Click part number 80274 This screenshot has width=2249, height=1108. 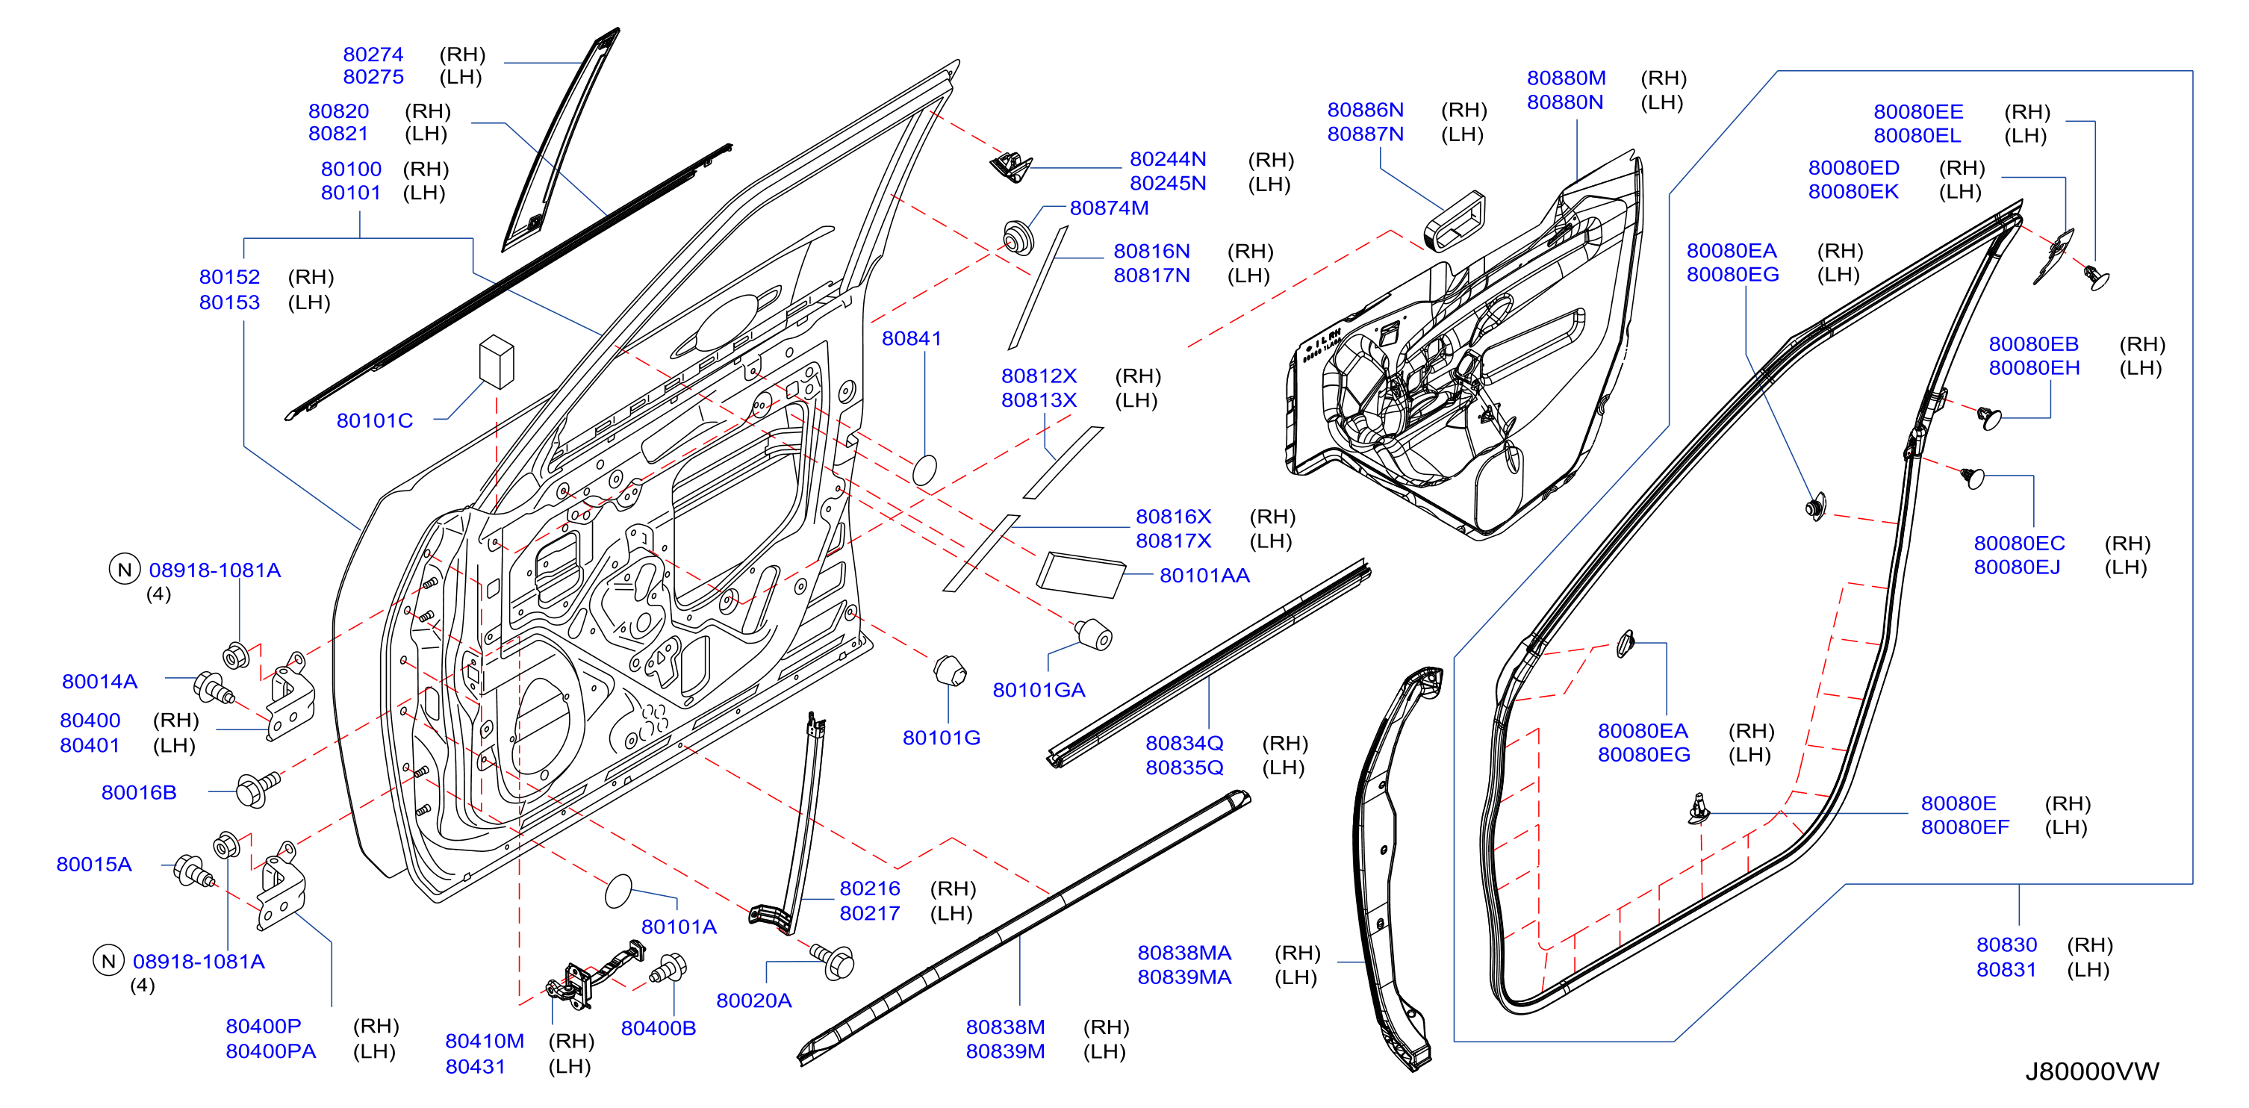(x=373, y=55)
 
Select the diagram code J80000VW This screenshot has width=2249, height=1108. (x=2092, y=1071)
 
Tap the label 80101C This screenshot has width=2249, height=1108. (x=375, y=421)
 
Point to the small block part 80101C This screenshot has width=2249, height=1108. (x=497, y=361)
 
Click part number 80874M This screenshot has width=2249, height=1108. (x=1109, y=208)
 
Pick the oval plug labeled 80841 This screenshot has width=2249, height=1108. (x=924, y=470)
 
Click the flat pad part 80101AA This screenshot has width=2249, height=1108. (x=1080, y=574)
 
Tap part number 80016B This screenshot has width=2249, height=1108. (x=139, y=792)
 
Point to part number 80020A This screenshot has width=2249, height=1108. (x=753, y=1000)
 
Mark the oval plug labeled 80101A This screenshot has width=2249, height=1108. (x=618, y=891)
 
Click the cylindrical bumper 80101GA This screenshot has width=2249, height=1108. (x=1093, y=634)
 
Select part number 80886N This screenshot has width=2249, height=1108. (x=1366, y=110)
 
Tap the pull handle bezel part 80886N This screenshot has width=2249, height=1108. (x=1455, y=220)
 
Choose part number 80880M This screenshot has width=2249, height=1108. (x=1567, y=78)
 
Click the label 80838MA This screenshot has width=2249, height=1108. (x=1184, y=953)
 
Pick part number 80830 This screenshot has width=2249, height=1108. (x=2006, y=944)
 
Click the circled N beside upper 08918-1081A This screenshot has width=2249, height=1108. (x=125, y=569)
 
